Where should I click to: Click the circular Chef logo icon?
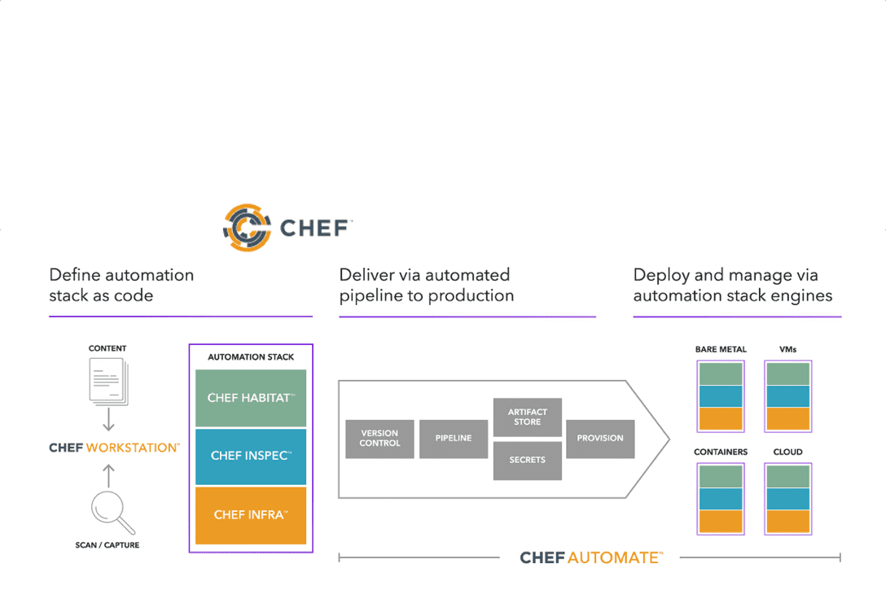tap(247, 227)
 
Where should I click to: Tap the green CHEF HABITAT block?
tap(251, 398)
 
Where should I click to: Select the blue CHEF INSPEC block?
tap(251, 456)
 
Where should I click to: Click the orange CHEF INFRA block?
tap(251, 514)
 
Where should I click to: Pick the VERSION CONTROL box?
tap(379, 439)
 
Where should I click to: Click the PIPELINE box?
tap(454, 439)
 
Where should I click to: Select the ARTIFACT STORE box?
tap(527, 417)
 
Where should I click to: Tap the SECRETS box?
tap(527, 460)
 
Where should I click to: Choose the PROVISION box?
tap(600, 439)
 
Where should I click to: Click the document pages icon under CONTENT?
tap(107, 381)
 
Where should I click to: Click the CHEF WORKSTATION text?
tap(114, 448)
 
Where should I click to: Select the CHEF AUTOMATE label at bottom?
tap(591, 558)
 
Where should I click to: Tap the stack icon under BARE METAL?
tap(721, 396)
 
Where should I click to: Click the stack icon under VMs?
tap(787, 396)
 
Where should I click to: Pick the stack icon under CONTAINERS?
tap(721, 499)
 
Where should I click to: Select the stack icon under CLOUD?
tap(787, 499)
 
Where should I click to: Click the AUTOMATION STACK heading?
tap(251, 357)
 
